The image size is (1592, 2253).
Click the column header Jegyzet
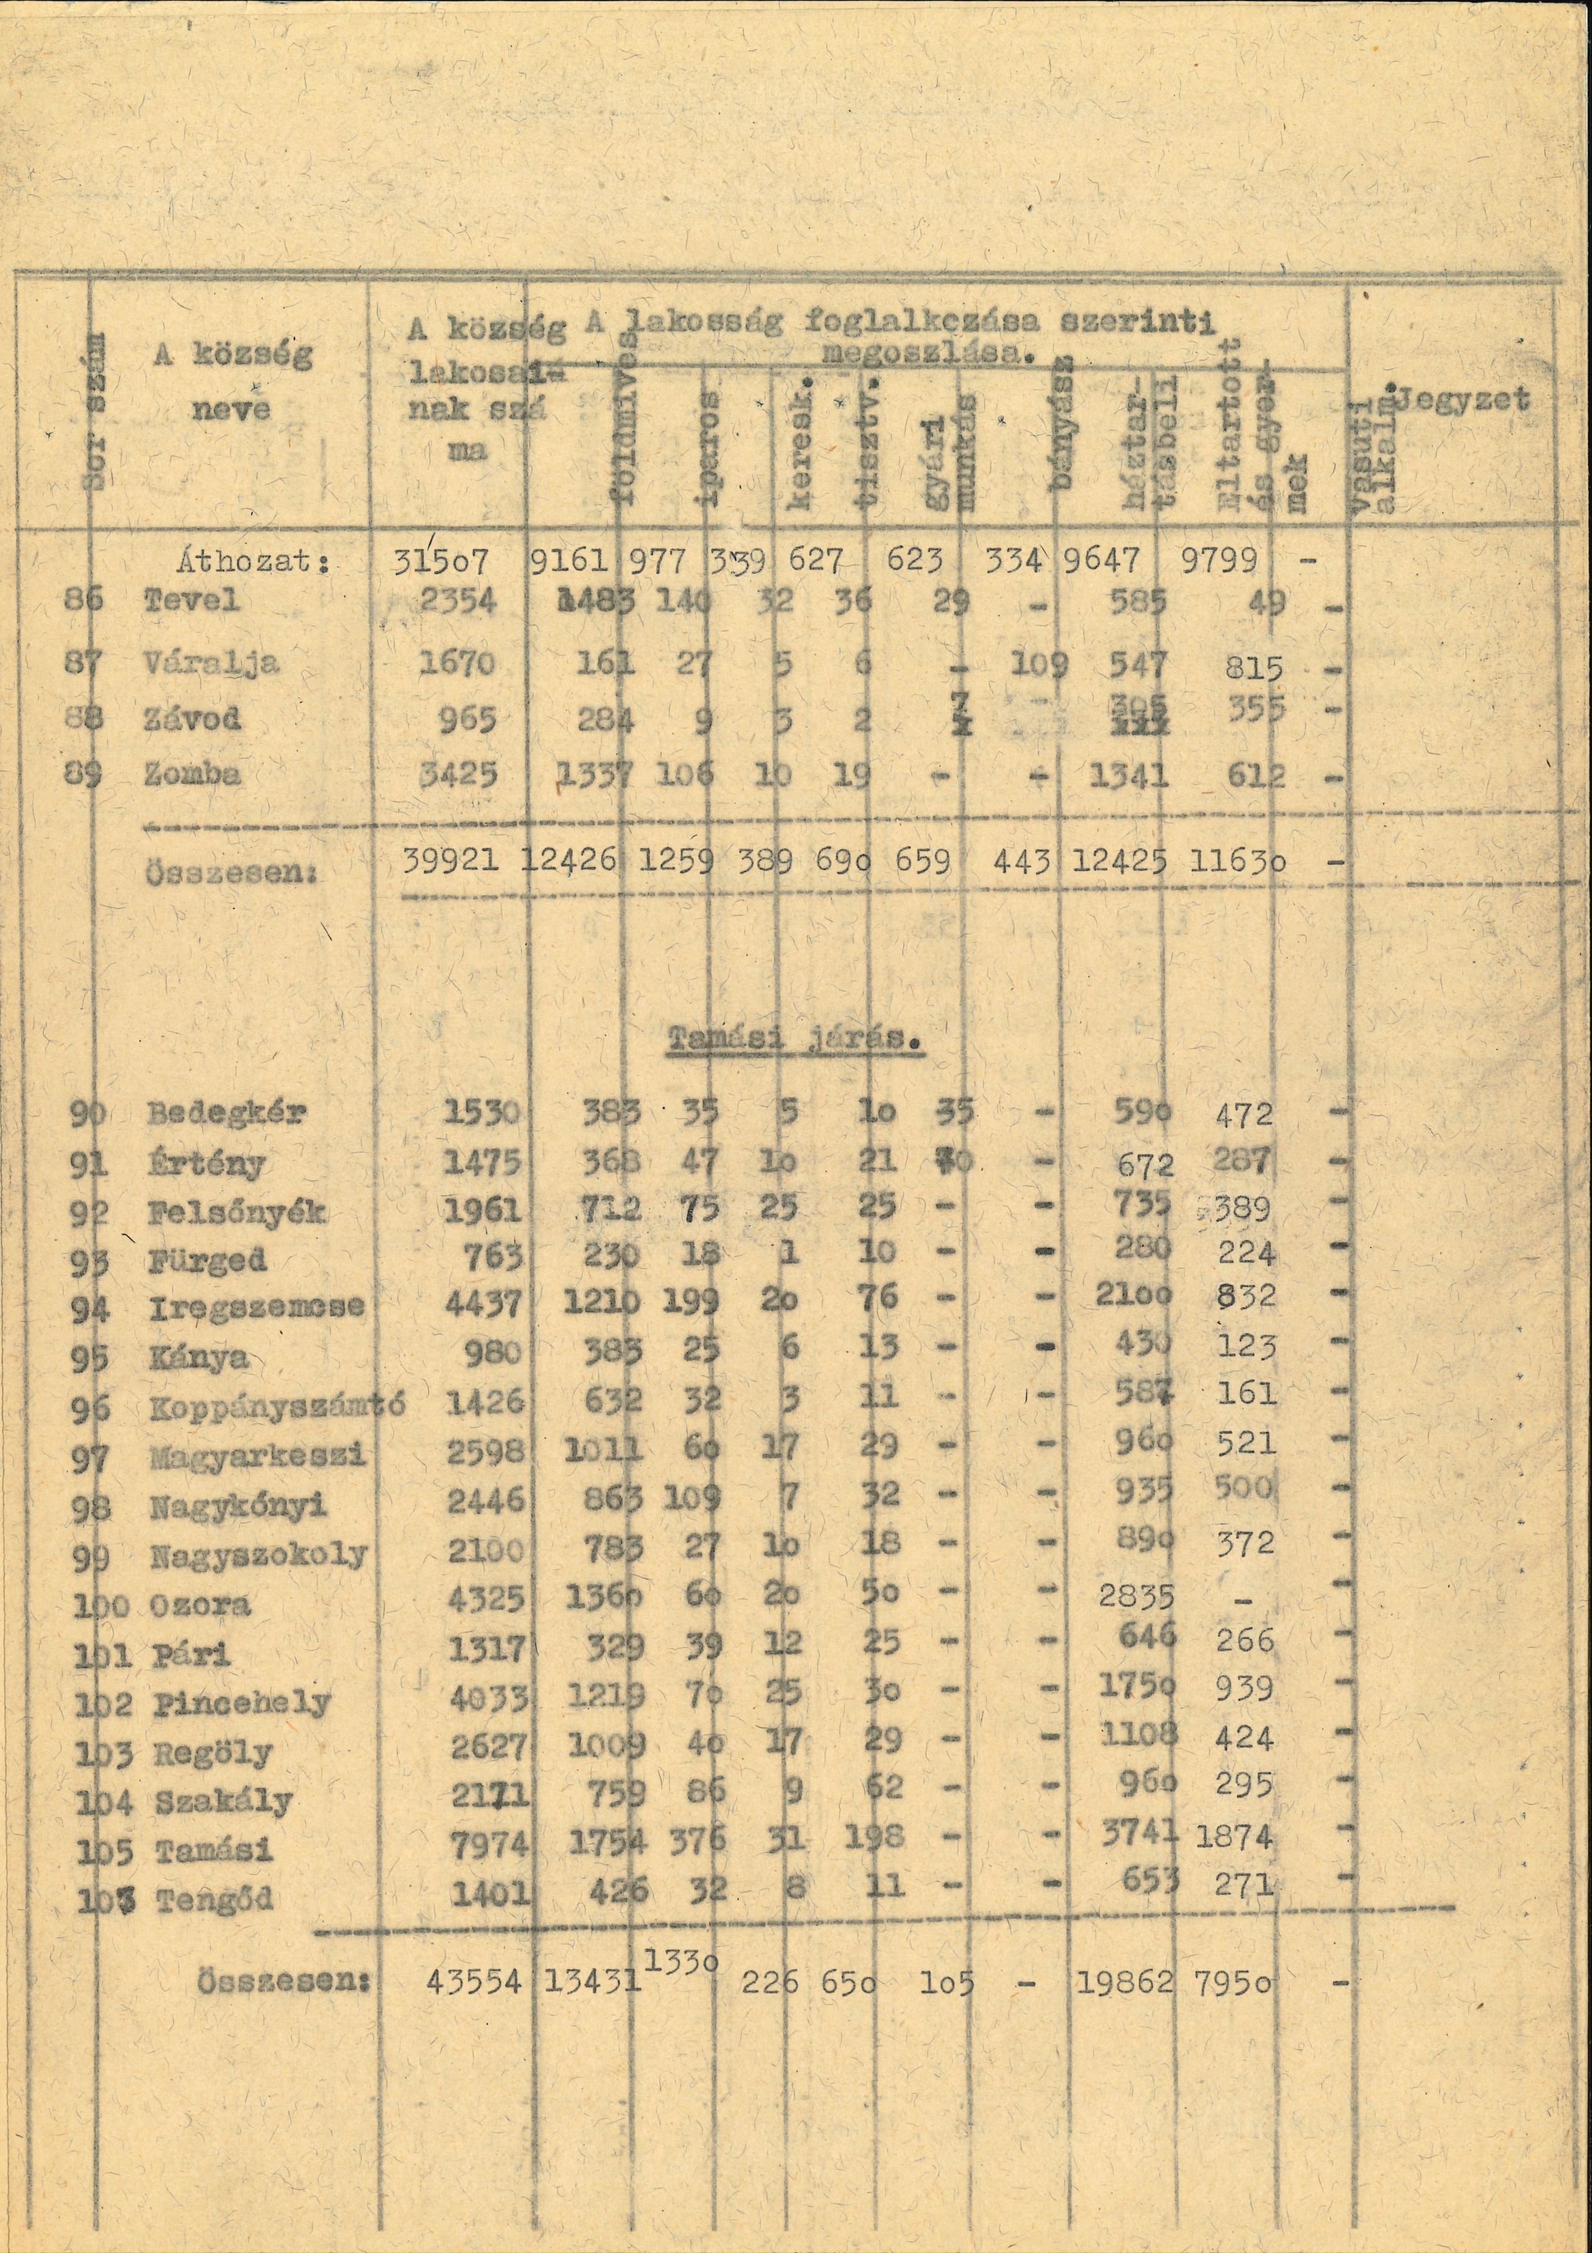(x=1464, y=399)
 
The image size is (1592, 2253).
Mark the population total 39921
(x=452, y=861)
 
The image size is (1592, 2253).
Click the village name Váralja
(x=211, y=663)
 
